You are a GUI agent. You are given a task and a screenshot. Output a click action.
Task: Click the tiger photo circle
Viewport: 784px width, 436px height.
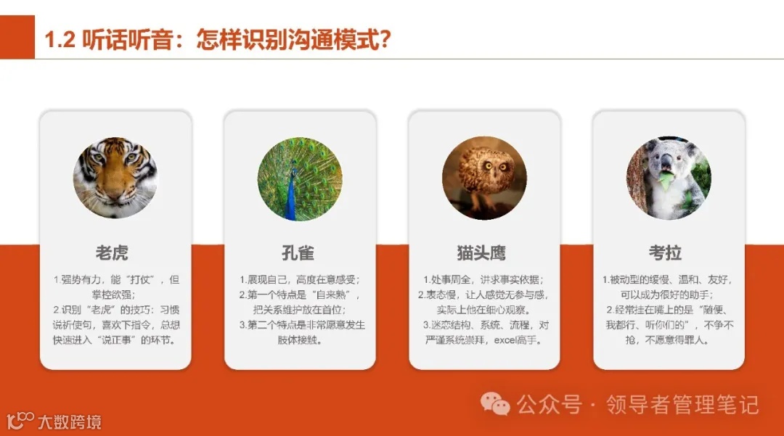(115, 178)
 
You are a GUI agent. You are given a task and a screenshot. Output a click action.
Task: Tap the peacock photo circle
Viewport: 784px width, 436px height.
(299, 178)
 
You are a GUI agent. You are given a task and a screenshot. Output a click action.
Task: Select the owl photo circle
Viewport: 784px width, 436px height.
(484, 178)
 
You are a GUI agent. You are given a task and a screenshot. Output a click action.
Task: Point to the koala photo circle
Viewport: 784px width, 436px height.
(669, 178)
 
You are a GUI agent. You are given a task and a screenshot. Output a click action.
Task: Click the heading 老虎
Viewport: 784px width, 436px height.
(115, 253)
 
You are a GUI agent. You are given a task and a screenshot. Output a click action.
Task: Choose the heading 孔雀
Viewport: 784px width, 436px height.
(299, 253)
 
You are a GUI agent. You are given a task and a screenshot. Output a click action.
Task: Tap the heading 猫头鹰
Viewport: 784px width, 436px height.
(483, 253)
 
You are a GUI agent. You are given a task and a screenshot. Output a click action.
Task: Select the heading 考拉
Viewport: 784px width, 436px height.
(668, 253)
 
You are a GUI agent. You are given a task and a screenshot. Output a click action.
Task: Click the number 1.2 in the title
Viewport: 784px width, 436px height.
(60, 39)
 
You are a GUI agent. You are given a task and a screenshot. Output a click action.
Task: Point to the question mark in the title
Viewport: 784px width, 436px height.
(385, 39)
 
